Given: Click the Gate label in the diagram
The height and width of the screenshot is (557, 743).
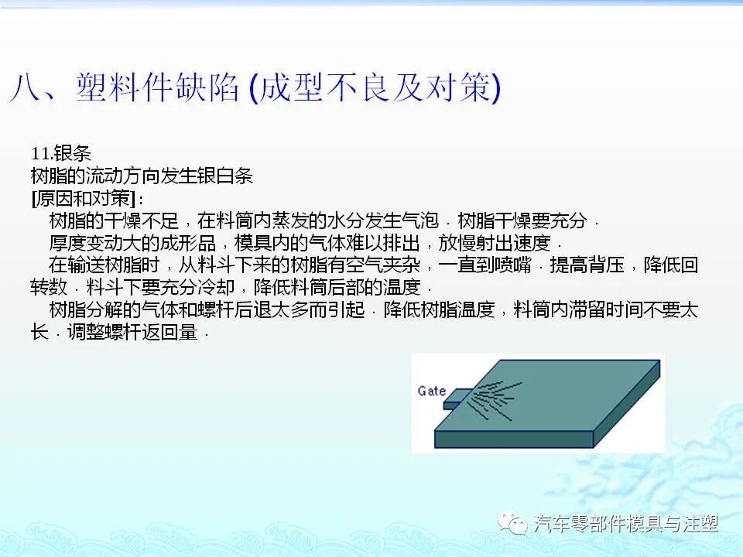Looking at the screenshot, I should click(x=431, y=391).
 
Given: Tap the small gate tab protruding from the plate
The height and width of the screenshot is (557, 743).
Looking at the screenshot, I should click(x=456, y=399).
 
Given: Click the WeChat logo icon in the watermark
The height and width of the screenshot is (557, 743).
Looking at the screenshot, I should click(x=515, y=524).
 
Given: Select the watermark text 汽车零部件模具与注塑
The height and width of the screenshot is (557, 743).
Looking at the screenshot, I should click(x=626, y=525).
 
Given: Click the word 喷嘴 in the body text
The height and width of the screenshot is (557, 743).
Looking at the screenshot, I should click(x=515, y=265).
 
